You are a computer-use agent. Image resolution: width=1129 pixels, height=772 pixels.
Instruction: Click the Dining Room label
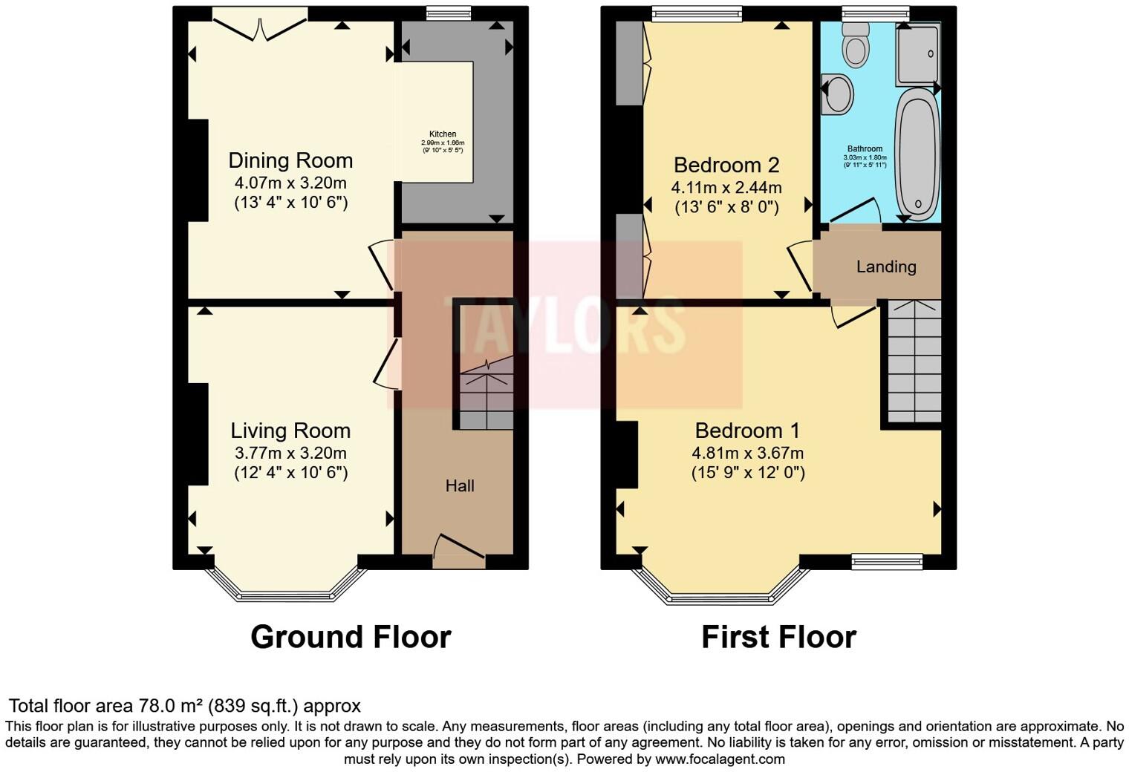[290, 160]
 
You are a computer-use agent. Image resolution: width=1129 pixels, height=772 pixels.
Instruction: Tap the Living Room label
[290, 431]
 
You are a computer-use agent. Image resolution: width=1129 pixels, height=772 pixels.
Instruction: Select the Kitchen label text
[443, 134]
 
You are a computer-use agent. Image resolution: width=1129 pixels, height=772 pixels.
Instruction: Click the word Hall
[460, 486]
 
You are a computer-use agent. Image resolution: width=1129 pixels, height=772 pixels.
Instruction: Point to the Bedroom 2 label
[726, 165]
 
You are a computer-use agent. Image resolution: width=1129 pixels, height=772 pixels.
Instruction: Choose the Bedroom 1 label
[747, 431]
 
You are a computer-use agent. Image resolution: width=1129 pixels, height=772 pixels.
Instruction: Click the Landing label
[886, 266]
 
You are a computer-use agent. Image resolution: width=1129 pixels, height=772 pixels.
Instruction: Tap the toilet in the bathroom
[856, 44]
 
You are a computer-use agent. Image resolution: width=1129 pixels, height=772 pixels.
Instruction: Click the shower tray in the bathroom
[918, 53]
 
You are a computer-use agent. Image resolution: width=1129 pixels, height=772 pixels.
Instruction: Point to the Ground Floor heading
[351, 637]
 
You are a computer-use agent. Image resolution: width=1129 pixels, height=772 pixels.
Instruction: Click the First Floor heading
[778, 637]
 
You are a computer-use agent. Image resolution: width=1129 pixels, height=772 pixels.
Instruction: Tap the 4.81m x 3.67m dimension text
[747, 453]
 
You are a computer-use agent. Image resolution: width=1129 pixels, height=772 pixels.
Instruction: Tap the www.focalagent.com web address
[720, 759]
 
